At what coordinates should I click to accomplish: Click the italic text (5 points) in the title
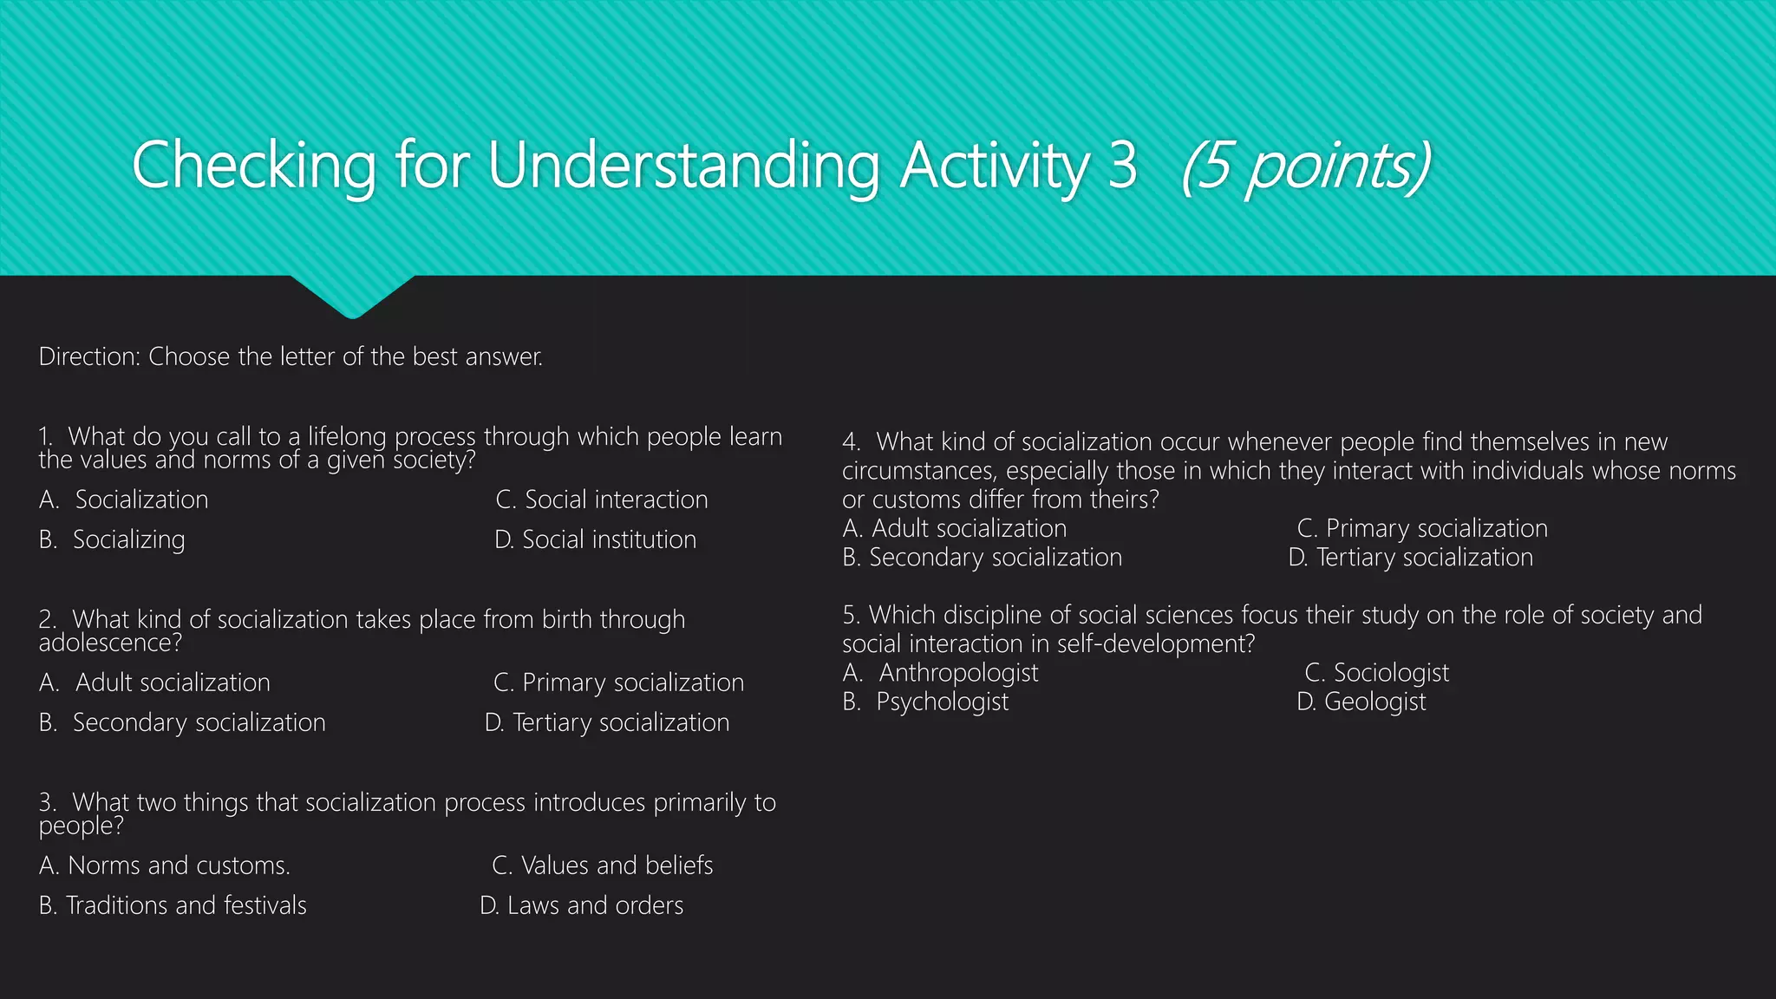pyautogui.click(x=1305, y=166)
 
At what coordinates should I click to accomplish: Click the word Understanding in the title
pyautogui.click(x=683, y=166)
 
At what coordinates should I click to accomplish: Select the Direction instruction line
pyautogui.click(x=291, y=356)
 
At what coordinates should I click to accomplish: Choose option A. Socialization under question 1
pyautogui.click(x=124, y=499)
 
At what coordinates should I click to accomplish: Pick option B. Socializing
pyautogui.click(x=112, y=539)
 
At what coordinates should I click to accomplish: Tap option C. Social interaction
pyautogui.click(x=601, y=499)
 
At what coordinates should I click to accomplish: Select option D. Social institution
pyautogui.click(x=595, y=539)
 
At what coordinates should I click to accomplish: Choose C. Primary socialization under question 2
pyautogui.click(x=618, y=682)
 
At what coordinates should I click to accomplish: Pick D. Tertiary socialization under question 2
pyautogui.click(x=607, y=722)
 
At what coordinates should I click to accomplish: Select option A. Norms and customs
pyautogui.click(x=165, y=865)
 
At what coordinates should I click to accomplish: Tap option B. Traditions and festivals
pyautogui.click(x=173, y=905)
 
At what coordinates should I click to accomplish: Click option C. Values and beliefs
pyautogui.click(x=602, y=865)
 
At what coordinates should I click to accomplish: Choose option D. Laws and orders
pyautogui.click(x=581, y=905)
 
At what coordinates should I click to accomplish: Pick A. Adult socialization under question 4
pyautogui.click(x=955, y=528)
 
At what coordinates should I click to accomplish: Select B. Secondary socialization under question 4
pyautogui.click(x=982, y=557)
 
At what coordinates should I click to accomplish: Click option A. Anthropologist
pyautogui.click(x=941, y=672)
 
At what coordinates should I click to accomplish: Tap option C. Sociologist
pyautogui.click(x=1376, y=672)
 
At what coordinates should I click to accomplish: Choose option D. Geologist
pyautogui.click(x=1361, y=702)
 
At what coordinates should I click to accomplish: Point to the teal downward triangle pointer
pyautogui.click(x=352, y=295)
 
